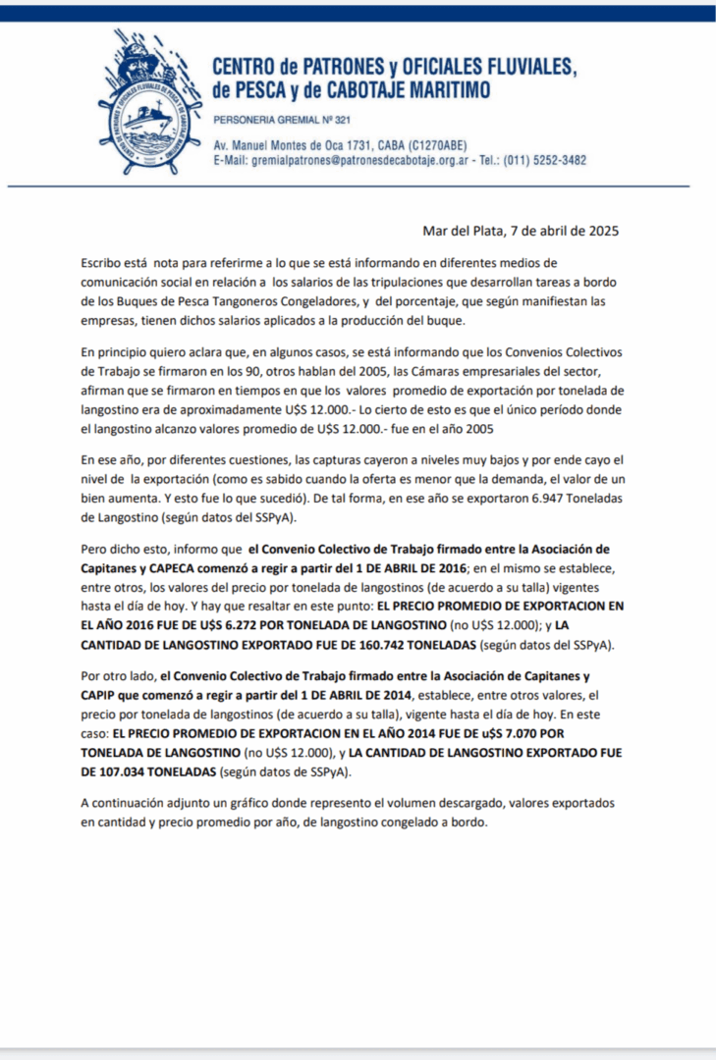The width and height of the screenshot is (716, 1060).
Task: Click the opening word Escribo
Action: tap(105, 263)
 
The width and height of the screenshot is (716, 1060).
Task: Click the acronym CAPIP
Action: tap(100, 695)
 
